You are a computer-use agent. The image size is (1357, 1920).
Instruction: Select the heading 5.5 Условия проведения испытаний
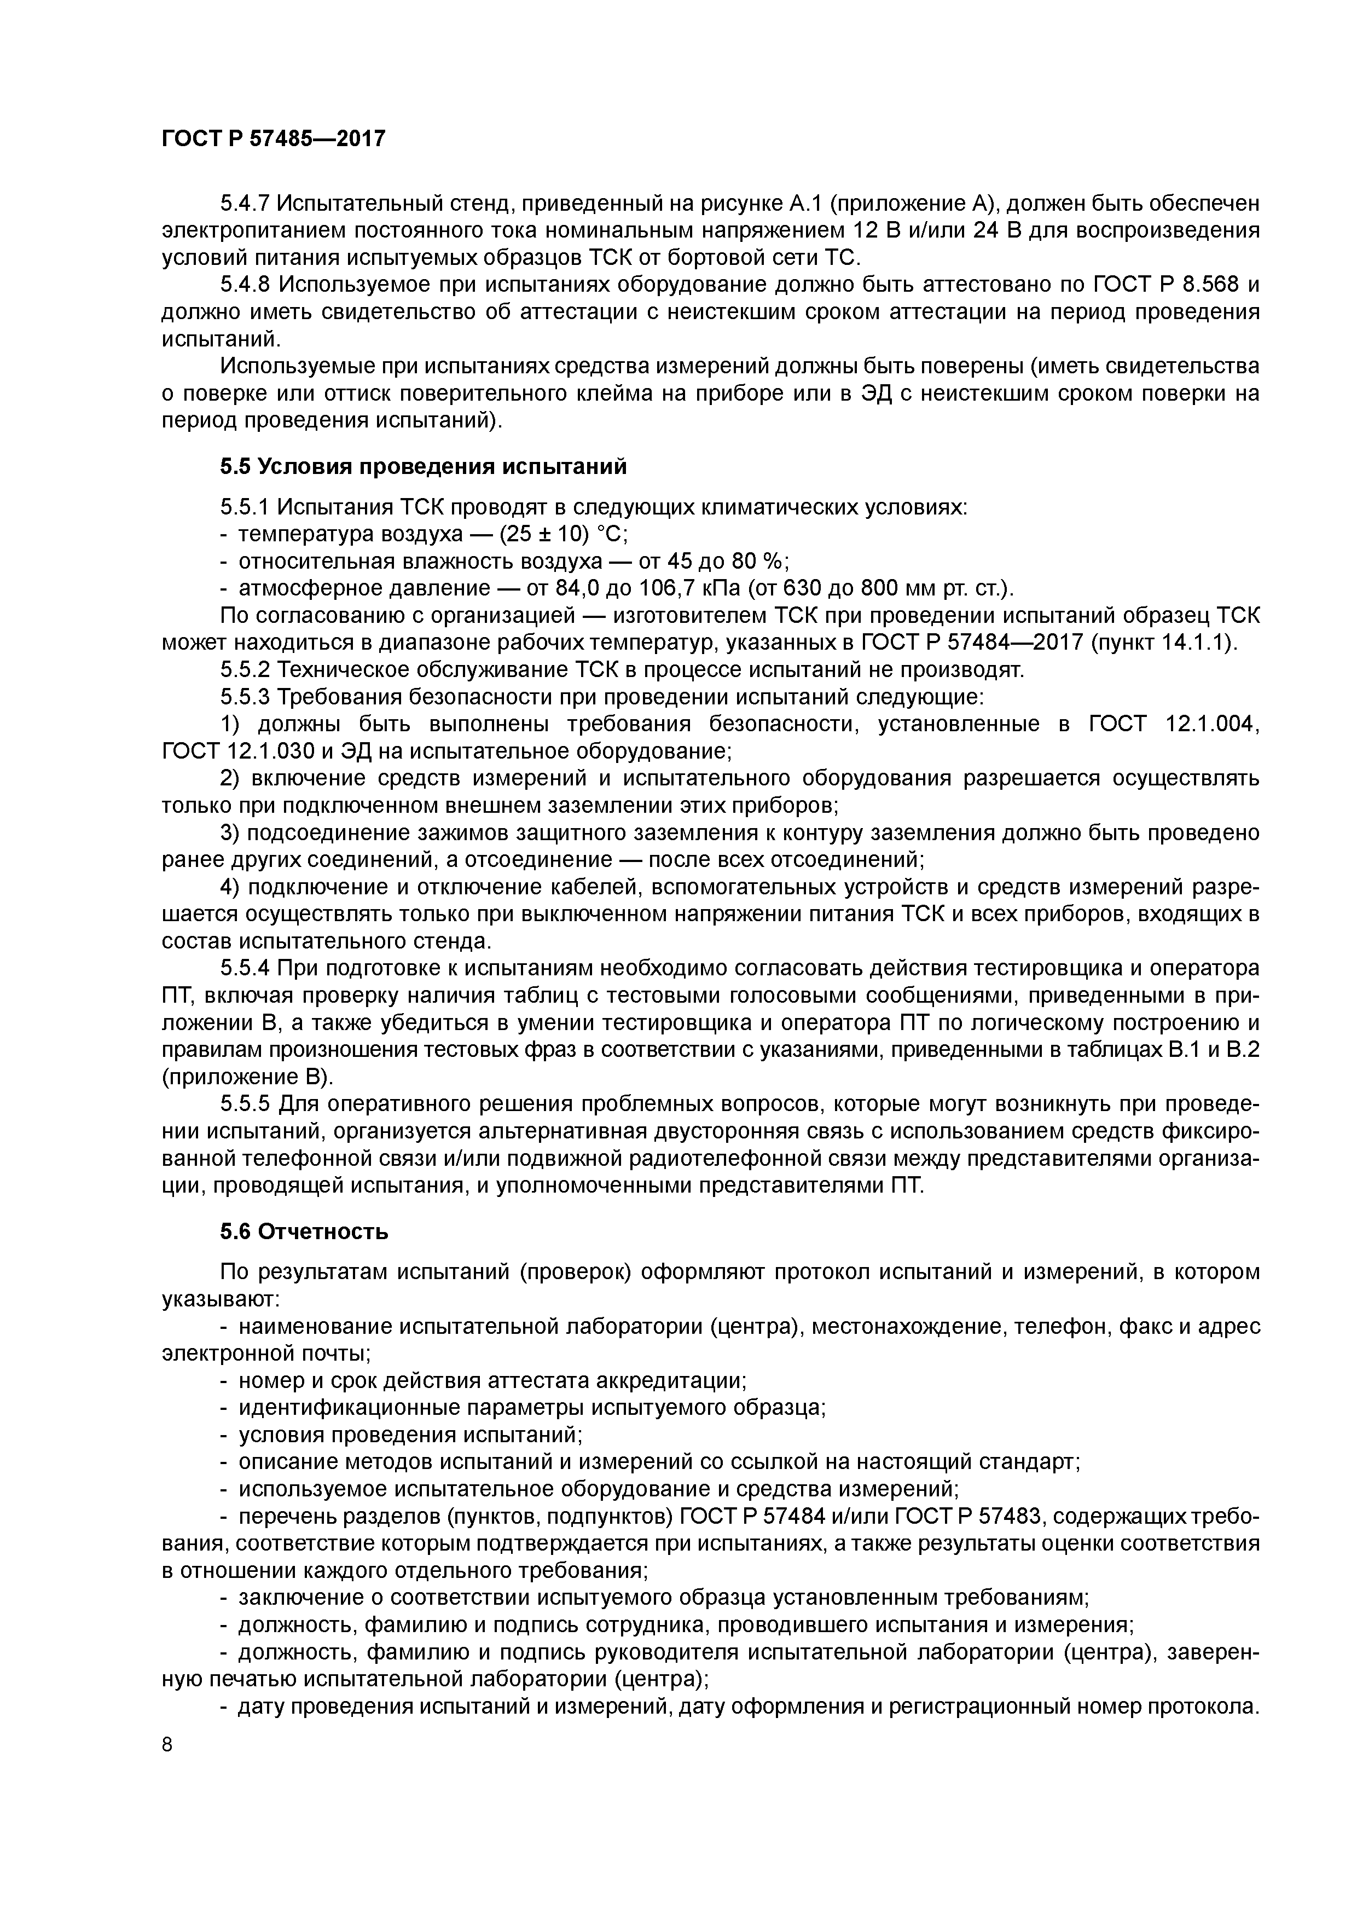point(423,467)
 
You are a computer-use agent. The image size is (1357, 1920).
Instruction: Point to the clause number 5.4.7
point(245,203)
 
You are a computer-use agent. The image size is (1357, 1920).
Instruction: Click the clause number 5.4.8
point(245,285)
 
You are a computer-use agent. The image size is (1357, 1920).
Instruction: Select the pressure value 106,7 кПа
point(690,589)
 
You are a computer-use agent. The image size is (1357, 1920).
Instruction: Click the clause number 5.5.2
point(245,670)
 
